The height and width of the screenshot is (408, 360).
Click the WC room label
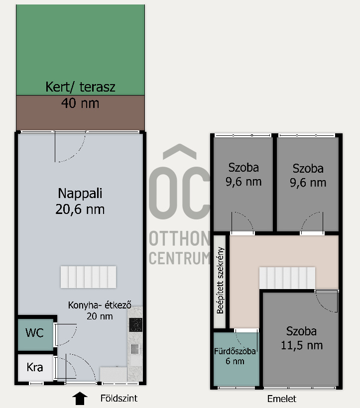coord(34,333)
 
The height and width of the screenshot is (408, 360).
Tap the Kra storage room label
coord(35,367)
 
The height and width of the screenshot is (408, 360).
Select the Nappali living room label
coord(80,194)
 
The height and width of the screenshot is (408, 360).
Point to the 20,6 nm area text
coord(80,209)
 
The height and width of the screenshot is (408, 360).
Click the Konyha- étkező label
coord(100,305)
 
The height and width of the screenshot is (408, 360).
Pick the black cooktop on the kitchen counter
coord(135,324)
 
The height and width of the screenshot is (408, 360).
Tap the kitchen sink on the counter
coord(135,349)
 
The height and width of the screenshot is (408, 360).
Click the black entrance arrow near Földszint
coord(80,399)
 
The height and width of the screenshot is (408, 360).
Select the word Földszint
coord(119,398)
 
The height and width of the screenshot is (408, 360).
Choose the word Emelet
coord(282,399)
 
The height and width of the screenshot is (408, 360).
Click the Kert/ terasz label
coord(80,87)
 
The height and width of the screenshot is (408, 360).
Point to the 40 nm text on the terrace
coord(80,103)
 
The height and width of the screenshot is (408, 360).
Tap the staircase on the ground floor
coord(88,277)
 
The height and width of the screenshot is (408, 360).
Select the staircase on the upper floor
coord(287,278)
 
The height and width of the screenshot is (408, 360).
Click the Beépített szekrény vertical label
coord(220,280)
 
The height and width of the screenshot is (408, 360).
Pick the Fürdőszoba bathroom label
coord(235,351)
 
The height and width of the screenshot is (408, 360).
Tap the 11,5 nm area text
coord(302,345)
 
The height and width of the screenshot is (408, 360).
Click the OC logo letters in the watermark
coord(179,193)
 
